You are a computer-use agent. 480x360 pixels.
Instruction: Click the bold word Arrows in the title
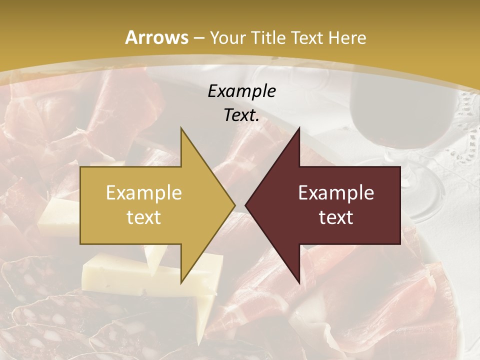pyautogui.click(x=156, y=37)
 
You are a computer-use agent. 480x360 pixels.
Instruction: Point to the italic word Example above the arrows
pyautogui.click(x=241, y=91)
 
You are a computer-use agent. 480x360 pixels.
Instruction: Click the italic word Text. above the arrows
pyautogui.click(x=241, y=115)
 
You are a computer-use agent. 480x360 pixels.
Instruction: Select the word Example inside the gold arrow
pyautogui.click(x=143, y=192)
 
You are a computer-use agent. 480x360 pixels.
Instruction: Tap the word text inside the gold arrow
pyautogui.click(x=143, y=217)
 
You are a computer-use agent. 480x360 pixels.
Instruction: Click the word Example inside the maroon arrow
pyautogui.click(x=336, y=192)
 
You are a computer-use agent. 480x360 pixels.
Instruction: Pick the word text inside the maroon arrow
pyautogui.click(x=336, y=217)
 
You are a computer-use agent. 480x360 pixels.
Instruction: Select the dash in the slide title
pyautogui.click(x=198, y=38)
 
